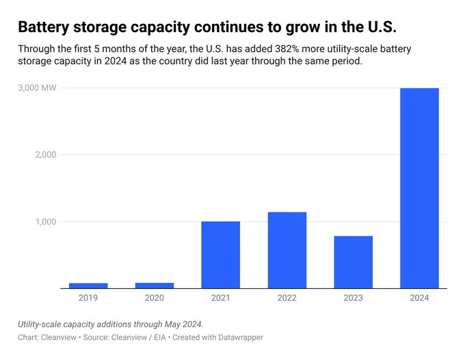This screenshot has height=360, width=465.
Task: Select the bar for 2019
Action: point(88,286)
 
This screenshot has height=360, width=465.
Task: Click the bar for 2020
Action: point(155,286)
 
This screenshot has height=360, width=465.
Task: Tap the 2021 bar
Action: point(220,255)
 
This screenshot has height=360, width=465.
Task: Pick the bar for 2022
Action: point(287,250)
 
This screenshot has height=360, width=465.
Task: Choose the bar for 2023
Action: point(353,262)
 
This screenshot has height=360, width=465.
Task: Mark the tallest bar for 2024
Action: point(419,188)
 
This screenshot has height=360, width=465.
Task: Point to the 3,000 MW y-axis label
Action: point(37,88)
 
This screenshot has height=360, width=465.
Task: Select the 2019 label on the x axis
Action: point(88,299)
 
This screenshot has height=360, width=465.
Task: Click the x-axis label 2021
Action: point(220,299)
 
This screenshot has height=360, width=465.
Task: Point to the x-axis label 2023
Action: point(353,299)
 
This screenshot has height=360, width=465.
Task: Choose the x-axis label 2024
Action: point(419,299)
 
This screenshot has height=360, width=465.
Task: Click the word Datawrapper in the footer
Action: point(239,337)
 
